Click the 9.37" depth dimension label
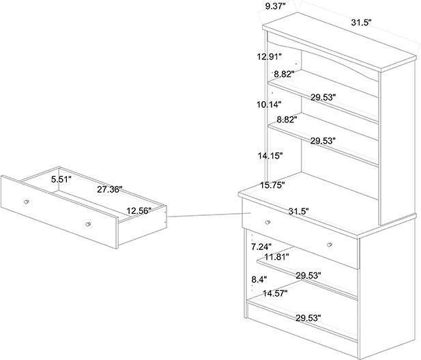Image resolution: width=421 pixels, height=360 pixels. pos(275,7)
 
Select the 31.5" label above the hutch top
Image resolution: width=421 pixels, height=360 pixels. pos(361,23)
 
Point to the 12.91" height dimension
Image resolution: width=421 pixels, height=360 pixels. pos(270,57)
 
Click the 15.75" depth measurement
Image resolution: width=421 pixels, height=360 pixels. pos(272,185)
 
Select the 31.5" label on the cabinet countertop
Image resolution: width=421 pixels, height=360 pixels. pos(298,212)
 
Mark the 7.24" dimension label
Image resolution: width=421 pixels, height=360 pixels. pos(262,246)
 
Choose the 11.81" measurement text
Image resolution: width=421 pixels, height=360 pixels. pos(277,257)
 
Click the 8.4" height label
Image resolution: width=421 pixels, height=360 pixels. pos(259,279)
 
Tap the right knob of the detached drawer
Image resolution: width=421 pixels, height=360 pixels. pos(88,223)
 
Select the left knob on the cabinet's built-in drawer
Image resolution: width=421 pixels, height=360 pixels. pos(267,221)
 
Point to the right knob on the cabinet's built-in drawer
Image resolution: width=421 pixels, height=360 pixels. pos(329,244)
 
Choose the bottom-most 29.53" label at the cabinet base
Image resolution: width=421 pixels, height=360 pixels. pos(308,318)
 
